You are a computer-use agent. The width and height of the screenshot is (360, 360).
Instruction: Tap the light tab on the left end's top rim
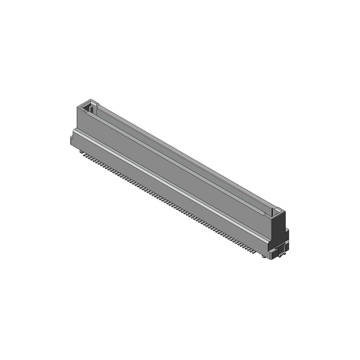tap(95, 103)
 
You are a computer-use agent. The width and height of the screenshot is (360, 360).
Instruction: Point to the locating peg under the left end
tap(81, 152)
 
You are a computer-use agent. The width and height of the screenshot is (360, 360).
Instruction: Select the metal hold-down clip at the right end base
tap(282, 252)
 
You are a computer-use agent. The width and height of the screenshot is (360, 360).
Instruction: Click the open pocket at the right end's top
tap(275, 211)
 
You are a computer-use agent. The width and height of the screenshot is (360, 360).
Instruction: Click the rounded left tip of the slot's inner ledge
tap(85, 112)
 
